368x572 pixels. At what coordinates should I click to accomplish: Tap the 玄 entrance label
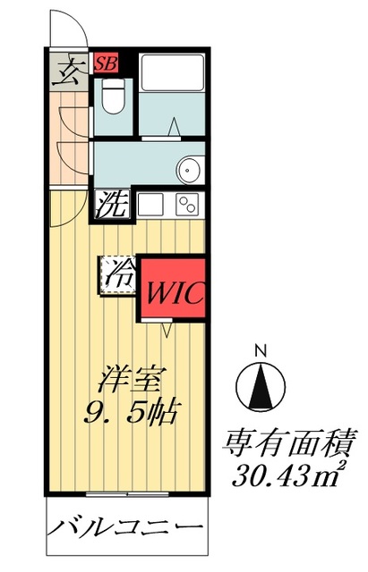point(66,71)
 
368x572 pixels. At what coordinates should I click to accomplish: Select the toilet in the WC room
point(114,96)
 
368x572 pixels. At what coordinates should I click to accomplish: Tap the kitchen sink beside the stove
point(150,204)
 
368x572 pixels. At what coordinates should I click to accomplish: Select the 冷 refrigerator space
point(116,274)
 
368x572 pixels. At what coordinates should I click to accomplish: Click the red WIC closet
point(175,291)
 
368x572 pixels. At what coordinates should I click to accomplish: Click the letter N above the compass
point(261,349)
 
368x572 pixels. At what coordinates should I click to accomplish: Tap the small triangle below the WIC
point(167,331)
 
